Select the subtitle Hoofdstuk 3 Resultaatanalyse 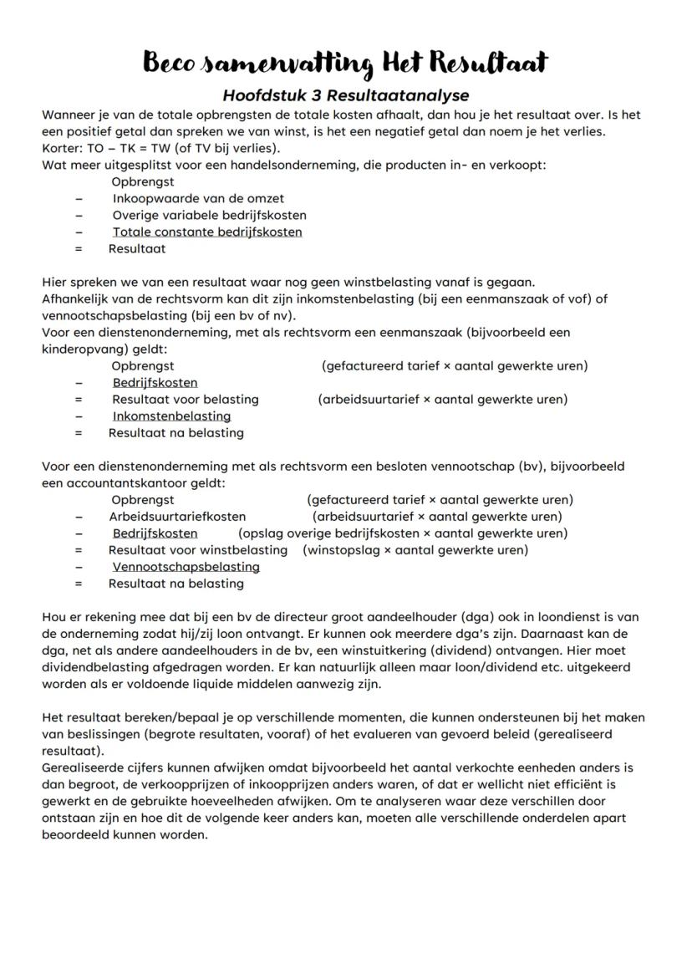pos(345,95)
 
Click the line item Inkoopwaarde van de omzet pos(198,198)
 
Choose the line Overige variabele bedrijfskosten pos(209,215)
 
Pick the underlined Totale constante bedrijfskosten pos(207,232)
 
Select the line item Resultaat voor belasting pos(185,400)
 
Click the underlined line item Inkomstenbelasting pos(171,416)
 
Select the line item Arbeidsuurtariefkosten pos(177,517)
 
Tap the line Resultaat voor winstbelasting pos(197,550)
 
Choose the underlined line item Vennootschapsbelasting pos(186,567)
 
